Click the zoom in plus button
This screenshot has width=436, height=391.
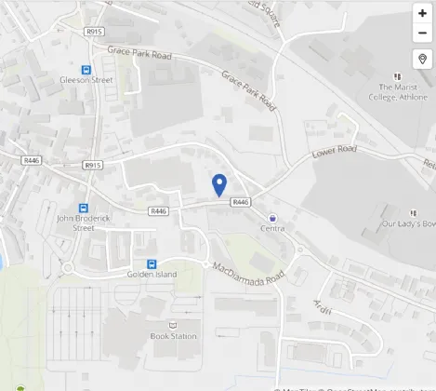(x=422, y=13)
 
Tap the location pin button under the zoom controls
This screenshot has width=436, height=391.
(x=422, y=60)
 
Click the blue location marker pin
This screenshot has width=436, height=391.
(x=219, y=185)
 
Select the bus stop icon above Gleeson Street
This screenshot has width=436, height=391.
(x=86, y=69)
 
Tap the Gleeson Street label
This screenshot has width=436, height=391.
(x=86, y=81)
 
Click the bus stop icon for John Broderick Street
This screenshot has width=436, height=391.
(x=83, y=209)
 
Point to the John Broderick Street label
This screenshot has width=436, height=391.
(x=76, y=223)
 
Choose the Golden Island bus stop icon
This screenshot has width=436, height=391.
(x=152, y=263)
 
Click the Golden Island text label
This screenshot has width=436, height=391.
(x=152, y=275)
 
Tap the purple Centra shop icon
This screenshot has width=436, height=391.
(x=271, y=217)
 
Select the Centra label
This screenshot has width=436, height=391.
(x=272, y=228)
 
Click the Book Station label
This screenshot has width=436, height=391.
(x=173, y=336)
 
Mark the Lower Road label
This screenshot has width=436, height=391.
(x=335, y=149)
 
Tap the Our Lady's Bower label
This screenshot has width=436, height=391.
(x=409, y=223)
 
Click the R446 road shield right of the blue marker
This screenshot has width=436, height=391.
(x=241, y=202)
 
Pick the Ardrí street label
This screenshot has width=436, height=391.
(x=323, y=306)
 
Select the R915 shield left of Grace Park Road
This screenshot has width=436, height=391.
(x=93, y=32)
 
